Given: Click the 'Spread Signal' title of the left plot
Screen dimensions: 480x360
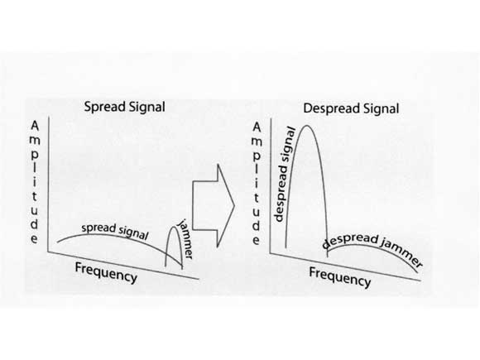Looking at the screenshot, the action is [125, 108].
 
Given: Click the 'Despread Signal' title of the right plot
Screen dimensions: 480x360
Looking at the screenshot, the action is [351, 108].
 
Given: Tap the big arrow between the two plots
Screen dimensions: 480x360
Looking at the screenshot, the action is [214, 206].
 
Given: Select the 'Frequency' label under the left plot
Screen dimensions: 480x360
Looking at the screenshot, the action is [106, 272].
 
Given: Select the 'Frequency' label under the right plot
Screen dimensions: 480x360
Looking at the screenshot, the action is [340, 277].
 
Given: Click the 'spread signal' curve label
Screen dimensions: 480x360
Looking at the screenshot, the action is [115, 231].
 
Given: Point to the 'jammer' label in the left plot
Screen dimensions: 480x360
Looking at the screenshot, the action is [185, 239].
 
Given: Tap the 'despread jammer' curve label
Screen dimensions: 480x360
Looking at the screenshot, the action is [372, 248].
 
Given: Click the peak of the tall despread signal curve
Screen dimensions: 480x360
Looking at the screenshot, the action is [307, 126].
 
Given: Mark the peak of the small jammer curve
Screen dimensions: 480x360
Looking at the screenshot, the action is [174, 227].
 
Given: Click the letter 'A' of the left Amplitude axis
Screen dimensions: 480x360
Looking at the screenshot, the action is [35, 126].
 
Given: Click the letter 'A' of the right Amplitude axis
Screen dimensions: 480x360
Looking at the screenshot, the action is [257, 127].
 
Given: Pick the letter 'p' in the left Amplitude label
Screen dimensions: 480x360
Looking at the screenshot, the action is [35, 155].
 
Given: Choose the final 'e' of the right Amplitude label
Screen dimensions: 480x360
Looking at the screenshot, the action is [257, 240].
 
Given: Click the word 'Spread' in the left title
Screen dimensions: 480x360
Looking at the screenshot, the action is [104, 108].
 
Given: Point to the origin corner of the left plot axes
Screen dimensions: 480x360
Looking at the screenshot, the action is [48, 252].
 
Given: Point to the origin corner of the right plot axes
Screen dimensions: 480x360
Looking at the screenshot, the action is [270, 253].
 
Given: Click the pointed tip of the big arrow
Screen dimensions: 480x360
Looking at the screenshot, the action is [234, 206].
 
